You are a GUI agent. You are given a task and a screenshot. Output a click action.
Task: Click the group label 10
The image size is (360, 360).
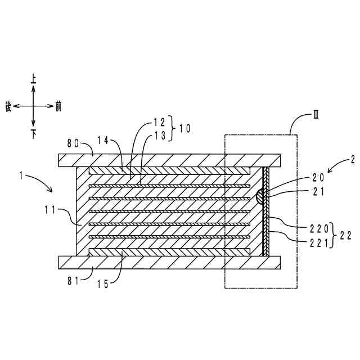click(184, 128)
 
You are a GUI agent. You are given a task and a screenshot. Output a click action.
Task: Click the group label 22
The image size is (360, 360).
click(346, 236)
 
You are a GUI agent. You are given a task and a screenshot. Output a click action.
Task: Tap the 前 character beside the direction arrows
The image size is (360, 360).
click(58, 105)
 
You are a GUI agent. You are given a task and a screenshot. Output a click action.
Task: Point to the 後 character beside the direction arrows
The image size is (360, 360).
click(8, 105)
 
